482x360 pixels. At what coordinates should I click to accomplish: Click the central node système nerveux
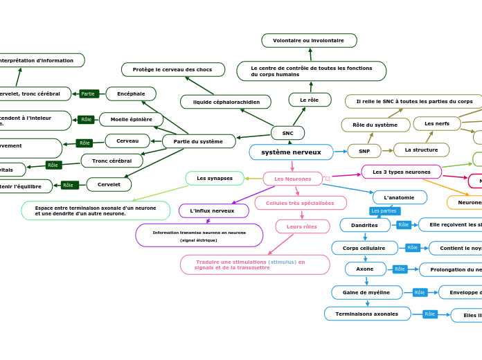tap(291, 152)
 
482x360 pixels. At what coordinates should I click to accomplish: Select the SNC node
tap(287, 133)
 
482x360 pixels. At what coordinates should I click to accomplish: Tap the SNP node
tap(364, 151)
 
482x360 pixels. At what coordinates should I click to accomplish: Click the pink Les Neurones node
tap(292, 179)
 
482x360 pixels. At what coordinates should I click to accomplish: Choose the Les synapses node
tap(215, 179)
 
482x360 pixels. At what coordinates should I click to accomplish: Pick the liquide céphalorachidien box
tap(226, 102)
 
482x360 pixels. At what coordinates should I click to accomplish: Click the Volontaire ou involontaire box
tap(309, 41)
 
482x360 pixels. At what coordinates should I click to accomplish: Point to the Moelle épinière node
tap(132, 120)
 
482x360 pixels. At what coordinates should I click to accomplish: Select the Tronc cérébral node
tap(111, 161)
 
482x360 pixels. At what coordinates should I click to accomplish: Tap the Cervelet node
tap(109, 185)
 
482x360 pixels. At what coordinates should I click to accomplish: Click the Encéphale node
tap(131, 93)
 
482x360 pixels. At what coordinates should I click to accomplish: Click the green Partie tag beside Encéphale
tap(88, 93)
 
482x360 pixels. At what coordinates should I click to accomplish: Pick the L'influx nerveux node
tap(213, 210)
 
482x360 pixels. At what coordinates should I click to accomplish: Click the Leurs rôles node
tap(302, 226)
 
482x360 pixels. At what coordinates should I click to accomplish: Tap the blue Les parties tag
tap(384, 211)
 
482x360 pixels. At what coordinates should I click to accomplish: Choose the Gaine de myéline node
tap(366, 293)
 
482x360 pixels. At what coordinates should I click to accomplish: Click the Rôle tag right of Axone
tap(400, 269)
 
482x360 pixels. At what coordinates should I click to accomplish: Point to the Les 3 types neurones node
tap(401, 172)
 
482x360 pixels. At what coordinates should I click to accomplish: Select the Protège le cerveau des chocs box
tap(173, 70)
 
